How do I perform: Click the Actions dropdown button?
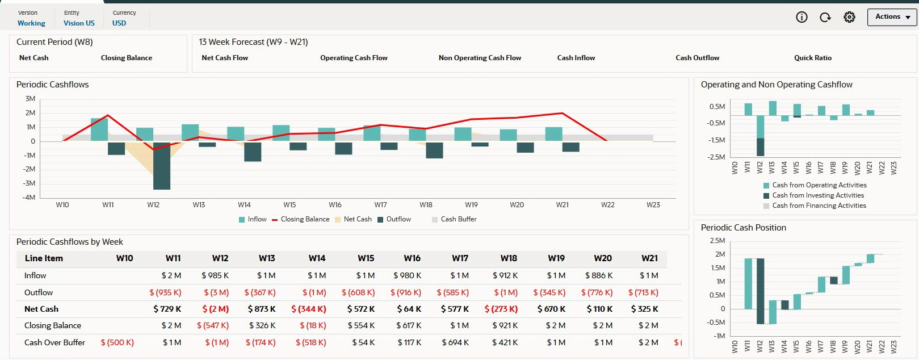(x=892, y=17)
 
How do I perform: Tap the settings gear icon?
(x=849, y=17)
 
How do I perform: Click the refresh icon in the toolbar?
(x=825, y=17)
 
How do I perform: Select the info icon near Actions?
(x=801, y=17)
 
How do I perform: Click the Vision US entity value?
(x=79, y=23)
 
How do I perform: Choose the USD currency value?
(x=119, y=23)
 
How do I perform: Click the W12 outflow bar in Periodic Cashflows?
(x=162, y=166)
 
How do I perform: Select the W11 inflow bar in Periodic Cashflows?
(x=99, y=129)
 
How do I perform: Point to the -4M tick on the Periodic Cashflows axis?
(x=30, y=197)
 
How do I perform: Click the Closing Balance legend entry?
(x=300, y=219)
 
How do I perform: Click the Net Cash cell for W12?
(x=215, y=309)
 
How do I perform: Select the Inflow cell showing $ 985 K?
(x=215, y=275)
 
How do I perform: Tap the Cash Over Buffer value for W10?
(x=118, y=342)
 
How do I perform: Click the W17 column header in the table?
(x=460, y=258)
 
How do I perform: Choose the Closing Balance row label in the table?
(x=53, y=325)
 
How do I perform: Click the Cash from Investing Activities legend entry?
(x=817, y=195)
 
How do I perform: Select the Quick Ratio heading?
(x=812, y=58)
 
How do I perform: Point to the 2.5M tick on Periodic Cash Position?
(x=717, y=241)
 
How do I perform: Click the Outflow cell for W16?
(x=406, y=292)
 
